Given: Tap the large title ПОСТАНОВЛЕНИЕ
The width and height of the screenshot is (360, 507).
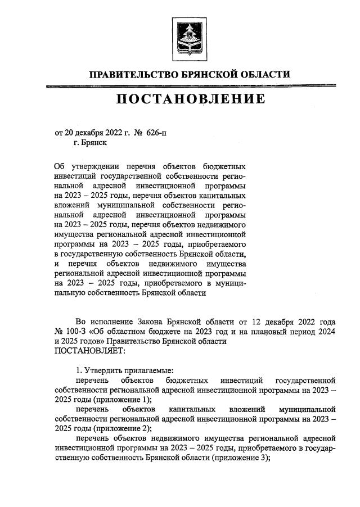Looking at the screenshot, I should [x=190, y=99].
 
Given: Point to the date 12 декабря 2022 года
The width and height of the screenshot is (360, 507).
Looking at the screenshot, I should [x=289, y=322].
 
